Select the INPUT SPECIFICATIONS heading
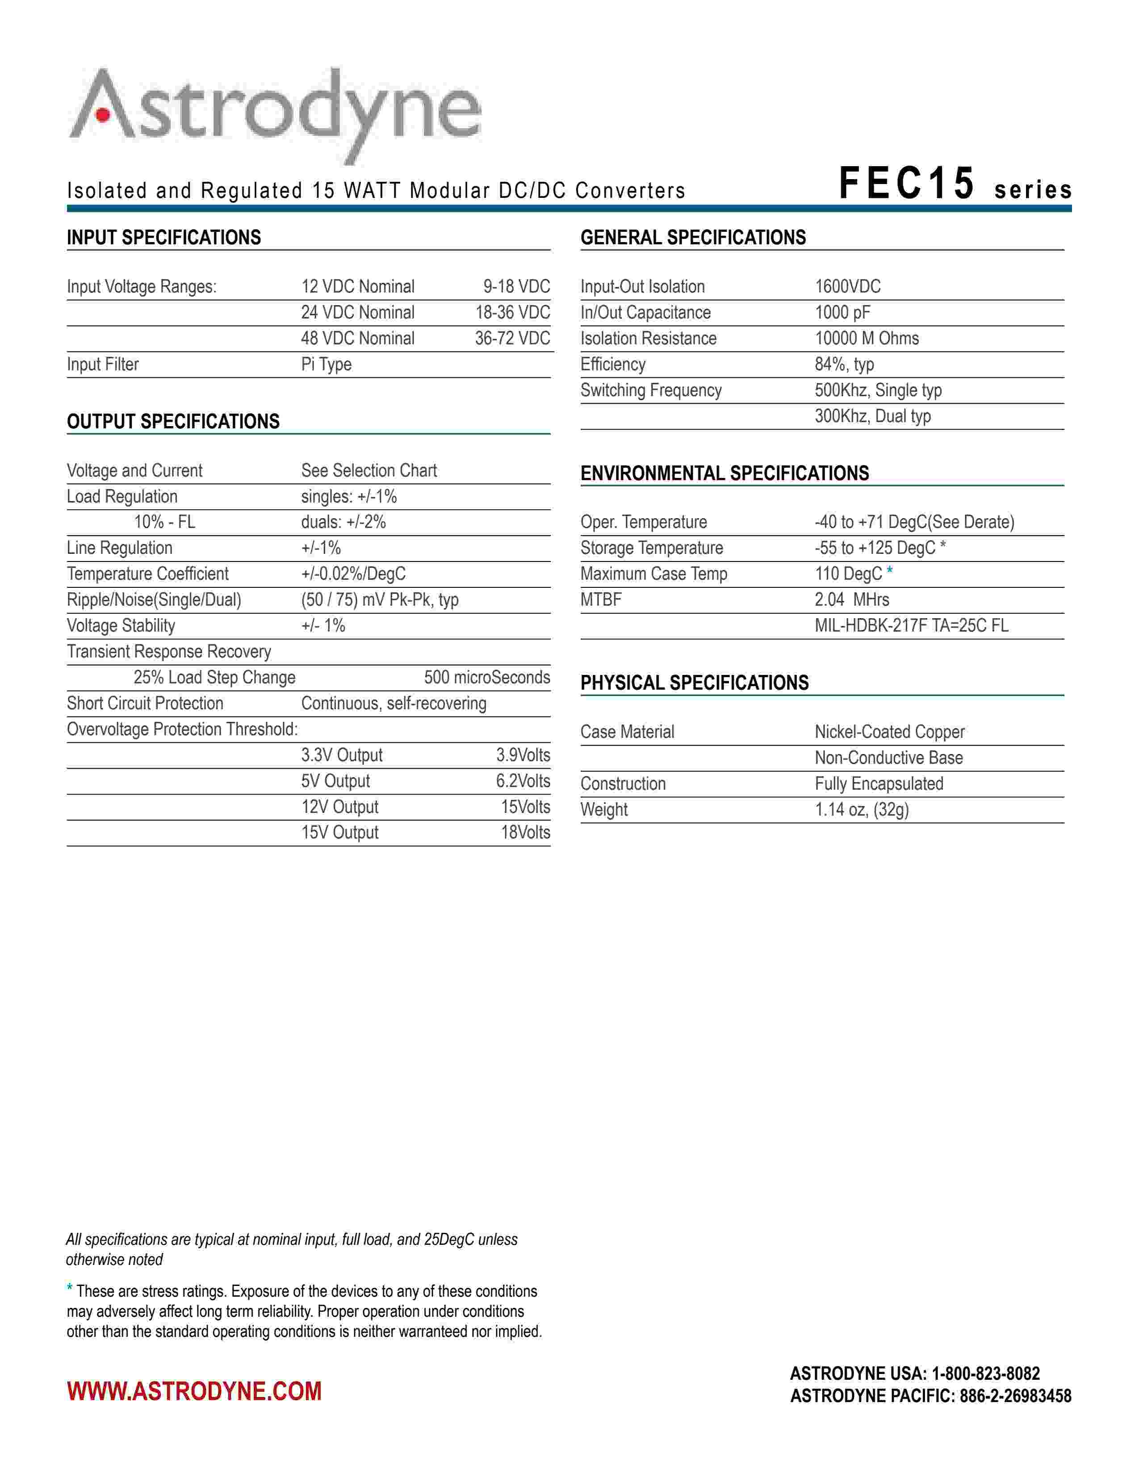(x=164, y=238)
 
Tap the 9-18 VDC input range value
(x=516, y=287)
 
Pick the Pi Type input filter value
(x=326, y=364)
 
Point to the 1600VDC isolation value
(x=847, y=287)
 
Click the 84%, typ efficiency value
(x=844, y=364)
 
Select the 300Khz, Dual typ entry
(x=872, y=416)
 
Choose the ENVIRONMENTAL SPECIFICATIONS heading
(x=724, y=473)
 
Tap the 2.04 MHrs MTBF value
(x=851, y=600)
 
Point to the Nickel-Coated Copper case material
(x=889, y=732)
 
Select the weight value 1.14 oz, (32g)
(x=862, y=810)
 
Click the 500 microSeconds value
(x=486, y=678)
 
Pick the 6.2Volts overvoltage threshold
(x=523, y=782)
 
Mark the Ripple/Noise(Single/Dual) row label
(x=154, y=600)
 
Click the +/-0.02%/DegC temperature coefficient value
(x=354, y=574)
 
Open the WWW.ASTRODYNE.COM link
(x=194, y=1392)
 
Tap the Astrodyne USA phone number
(x=986, y=1374)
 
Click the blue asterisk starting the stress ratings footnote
(x=70, y=1289)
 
